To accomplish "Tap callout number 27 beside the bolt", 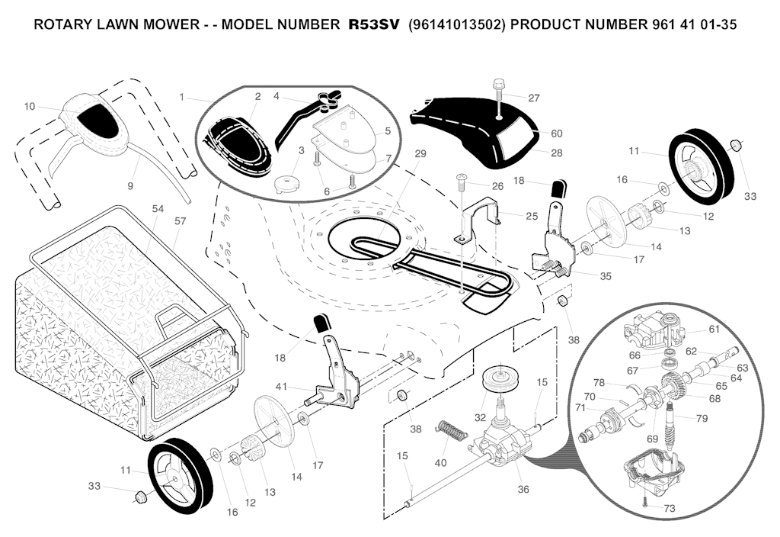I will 533,98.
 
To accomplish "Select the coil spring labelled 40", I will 452,431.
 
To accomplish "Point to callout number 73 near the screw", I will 669,508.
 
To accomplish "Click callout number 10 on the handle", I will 30,106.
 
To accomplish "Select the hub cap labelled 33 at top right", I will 736,145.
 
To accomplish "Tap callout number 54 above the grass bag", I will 158,208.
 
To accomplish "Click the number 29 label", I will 420,154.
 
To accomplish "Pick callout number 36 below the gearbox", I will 523,489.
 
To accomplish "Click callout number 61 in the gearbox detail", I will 713,329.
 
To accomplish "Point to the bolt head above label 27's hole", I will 499,85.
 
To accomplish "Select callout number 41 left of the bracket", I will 281,386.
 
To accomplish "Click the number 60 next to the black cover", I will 556,133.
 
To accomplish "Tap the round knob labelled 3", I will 288,183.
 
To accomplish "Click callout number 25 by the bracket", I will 531,216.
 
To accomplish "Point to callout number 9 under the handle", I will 129,185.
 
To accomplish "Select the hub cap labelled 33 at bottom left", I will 140,497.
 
